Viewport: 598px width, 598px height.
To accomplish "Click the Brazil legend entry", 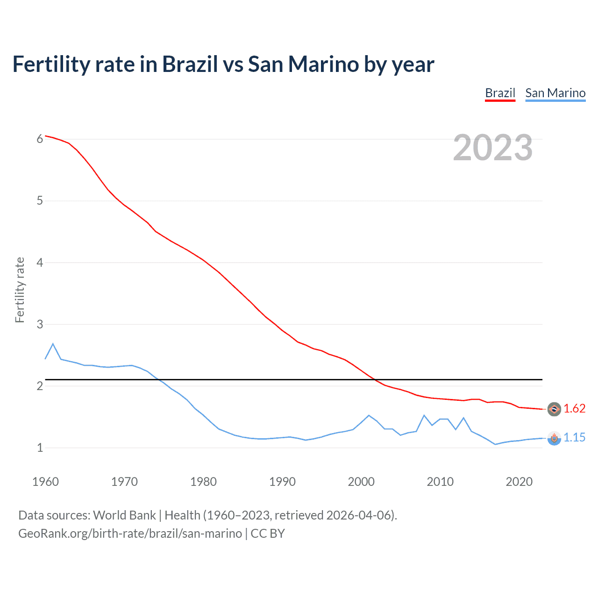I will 500,93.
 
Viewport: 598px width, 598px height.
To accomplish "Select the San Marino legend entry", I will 555,93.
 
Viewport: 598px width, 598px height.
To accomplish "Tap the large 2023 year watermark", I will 493,148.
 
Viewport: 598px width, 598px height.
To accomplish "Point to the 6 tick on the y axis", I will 40,139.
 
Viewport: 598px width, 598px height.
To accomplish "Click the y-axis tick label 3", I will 40,324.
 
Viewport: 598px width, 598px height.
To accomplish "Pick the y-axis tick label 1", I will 40,448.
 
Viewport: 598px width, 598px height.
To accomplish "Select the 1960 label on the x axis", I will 45,482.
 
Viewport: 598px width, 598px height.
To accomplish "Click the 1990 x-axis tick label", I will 282,482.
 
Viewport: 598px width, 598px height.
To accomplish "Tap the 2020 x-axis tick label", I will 519,482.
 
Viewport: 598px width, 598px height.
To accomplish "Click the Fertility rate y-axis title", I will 20,290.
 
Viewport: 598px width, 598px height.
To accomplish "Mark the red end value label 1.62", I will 574,409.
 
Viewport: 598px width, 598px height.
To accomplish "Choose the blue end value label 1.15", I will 574,438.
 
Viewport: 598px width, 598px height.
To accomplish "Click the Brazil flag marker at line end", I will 554,409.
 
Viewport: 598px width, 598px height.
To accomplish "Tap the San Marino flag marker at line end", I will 554,438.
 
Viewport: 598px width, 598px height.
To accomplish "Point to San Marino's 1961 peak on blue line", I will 53,344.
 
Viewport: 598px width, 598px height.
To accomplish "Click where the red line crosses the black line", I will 374,379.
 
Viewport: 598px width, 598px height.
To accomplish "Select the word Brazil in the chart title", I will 190,64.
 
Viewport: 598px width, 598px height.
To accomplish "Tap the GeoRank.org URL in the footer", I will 130,534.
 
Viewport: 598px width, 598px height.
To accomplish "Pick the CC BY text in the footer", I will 268,534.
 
